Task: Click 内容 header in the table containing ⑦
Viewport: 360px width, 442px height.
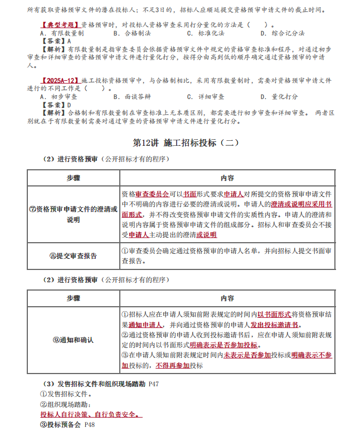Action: pos(227,178)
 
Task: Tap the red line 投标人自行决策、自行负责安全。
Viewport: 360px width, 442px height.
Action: pos(91,415)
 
